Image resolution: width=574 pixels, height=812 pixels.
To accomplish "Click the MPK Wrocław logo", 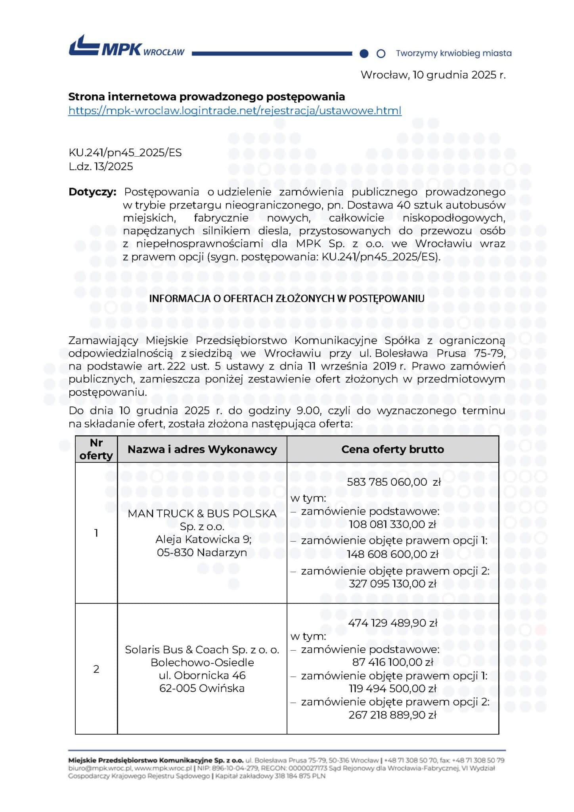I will click(126, 47).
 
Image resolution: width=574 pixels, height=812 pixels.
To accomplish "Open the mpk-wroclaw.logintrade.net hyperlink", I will click(235, 111).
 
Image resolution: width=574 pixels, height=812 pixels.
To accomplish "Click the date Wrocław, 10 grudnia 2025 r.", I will click(433, 75).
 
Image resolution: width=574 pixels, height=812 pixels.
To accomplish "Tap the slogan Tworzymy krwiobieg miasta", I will click(453, 53).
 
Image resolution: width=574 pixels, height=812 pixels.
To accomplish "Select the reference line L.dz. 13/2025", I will click(101, 167).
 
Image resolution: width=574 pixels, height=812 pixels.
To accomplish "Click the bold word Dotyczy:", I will click(92, 192).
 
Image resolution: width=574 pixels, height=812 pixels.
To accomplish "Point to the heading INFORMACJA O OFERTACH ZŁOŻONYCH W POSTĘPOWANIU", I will click(287, 299).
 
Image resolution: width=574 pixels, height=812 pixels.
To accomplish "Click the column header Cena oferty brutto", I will click(392, 449).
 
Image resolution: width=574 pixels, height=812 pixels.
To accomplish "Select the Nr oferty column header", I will click(96, 449).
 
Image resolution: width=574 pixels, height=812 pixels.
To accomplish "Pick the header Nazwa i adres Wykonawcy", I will click(202, 449).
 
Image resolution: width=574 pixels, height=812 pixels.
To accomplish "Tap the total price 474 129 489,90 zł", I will click(392, 623).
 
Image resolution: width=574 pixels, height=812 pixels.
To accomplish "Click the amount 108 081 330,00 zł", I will click(392, 525).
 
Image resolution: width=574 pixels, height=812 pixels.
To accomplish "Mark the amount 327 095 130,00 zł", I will click(392, 584).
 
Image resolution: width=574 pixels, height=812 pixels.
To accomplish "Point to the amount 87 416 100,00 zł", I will click(392, 662).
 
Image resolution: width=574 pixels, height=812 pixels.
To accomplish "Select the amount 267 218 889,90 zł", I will click(392, 715).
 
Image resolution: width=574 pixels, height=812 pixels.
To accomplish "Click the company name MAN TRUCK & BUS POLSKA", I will click(202, 513).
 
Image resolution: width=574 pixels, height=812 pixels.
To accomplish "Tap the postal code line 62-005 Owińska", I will click(202, 688).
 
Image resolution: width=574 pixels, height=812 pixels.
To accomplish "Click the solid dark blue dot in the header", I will click(364, 54).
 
